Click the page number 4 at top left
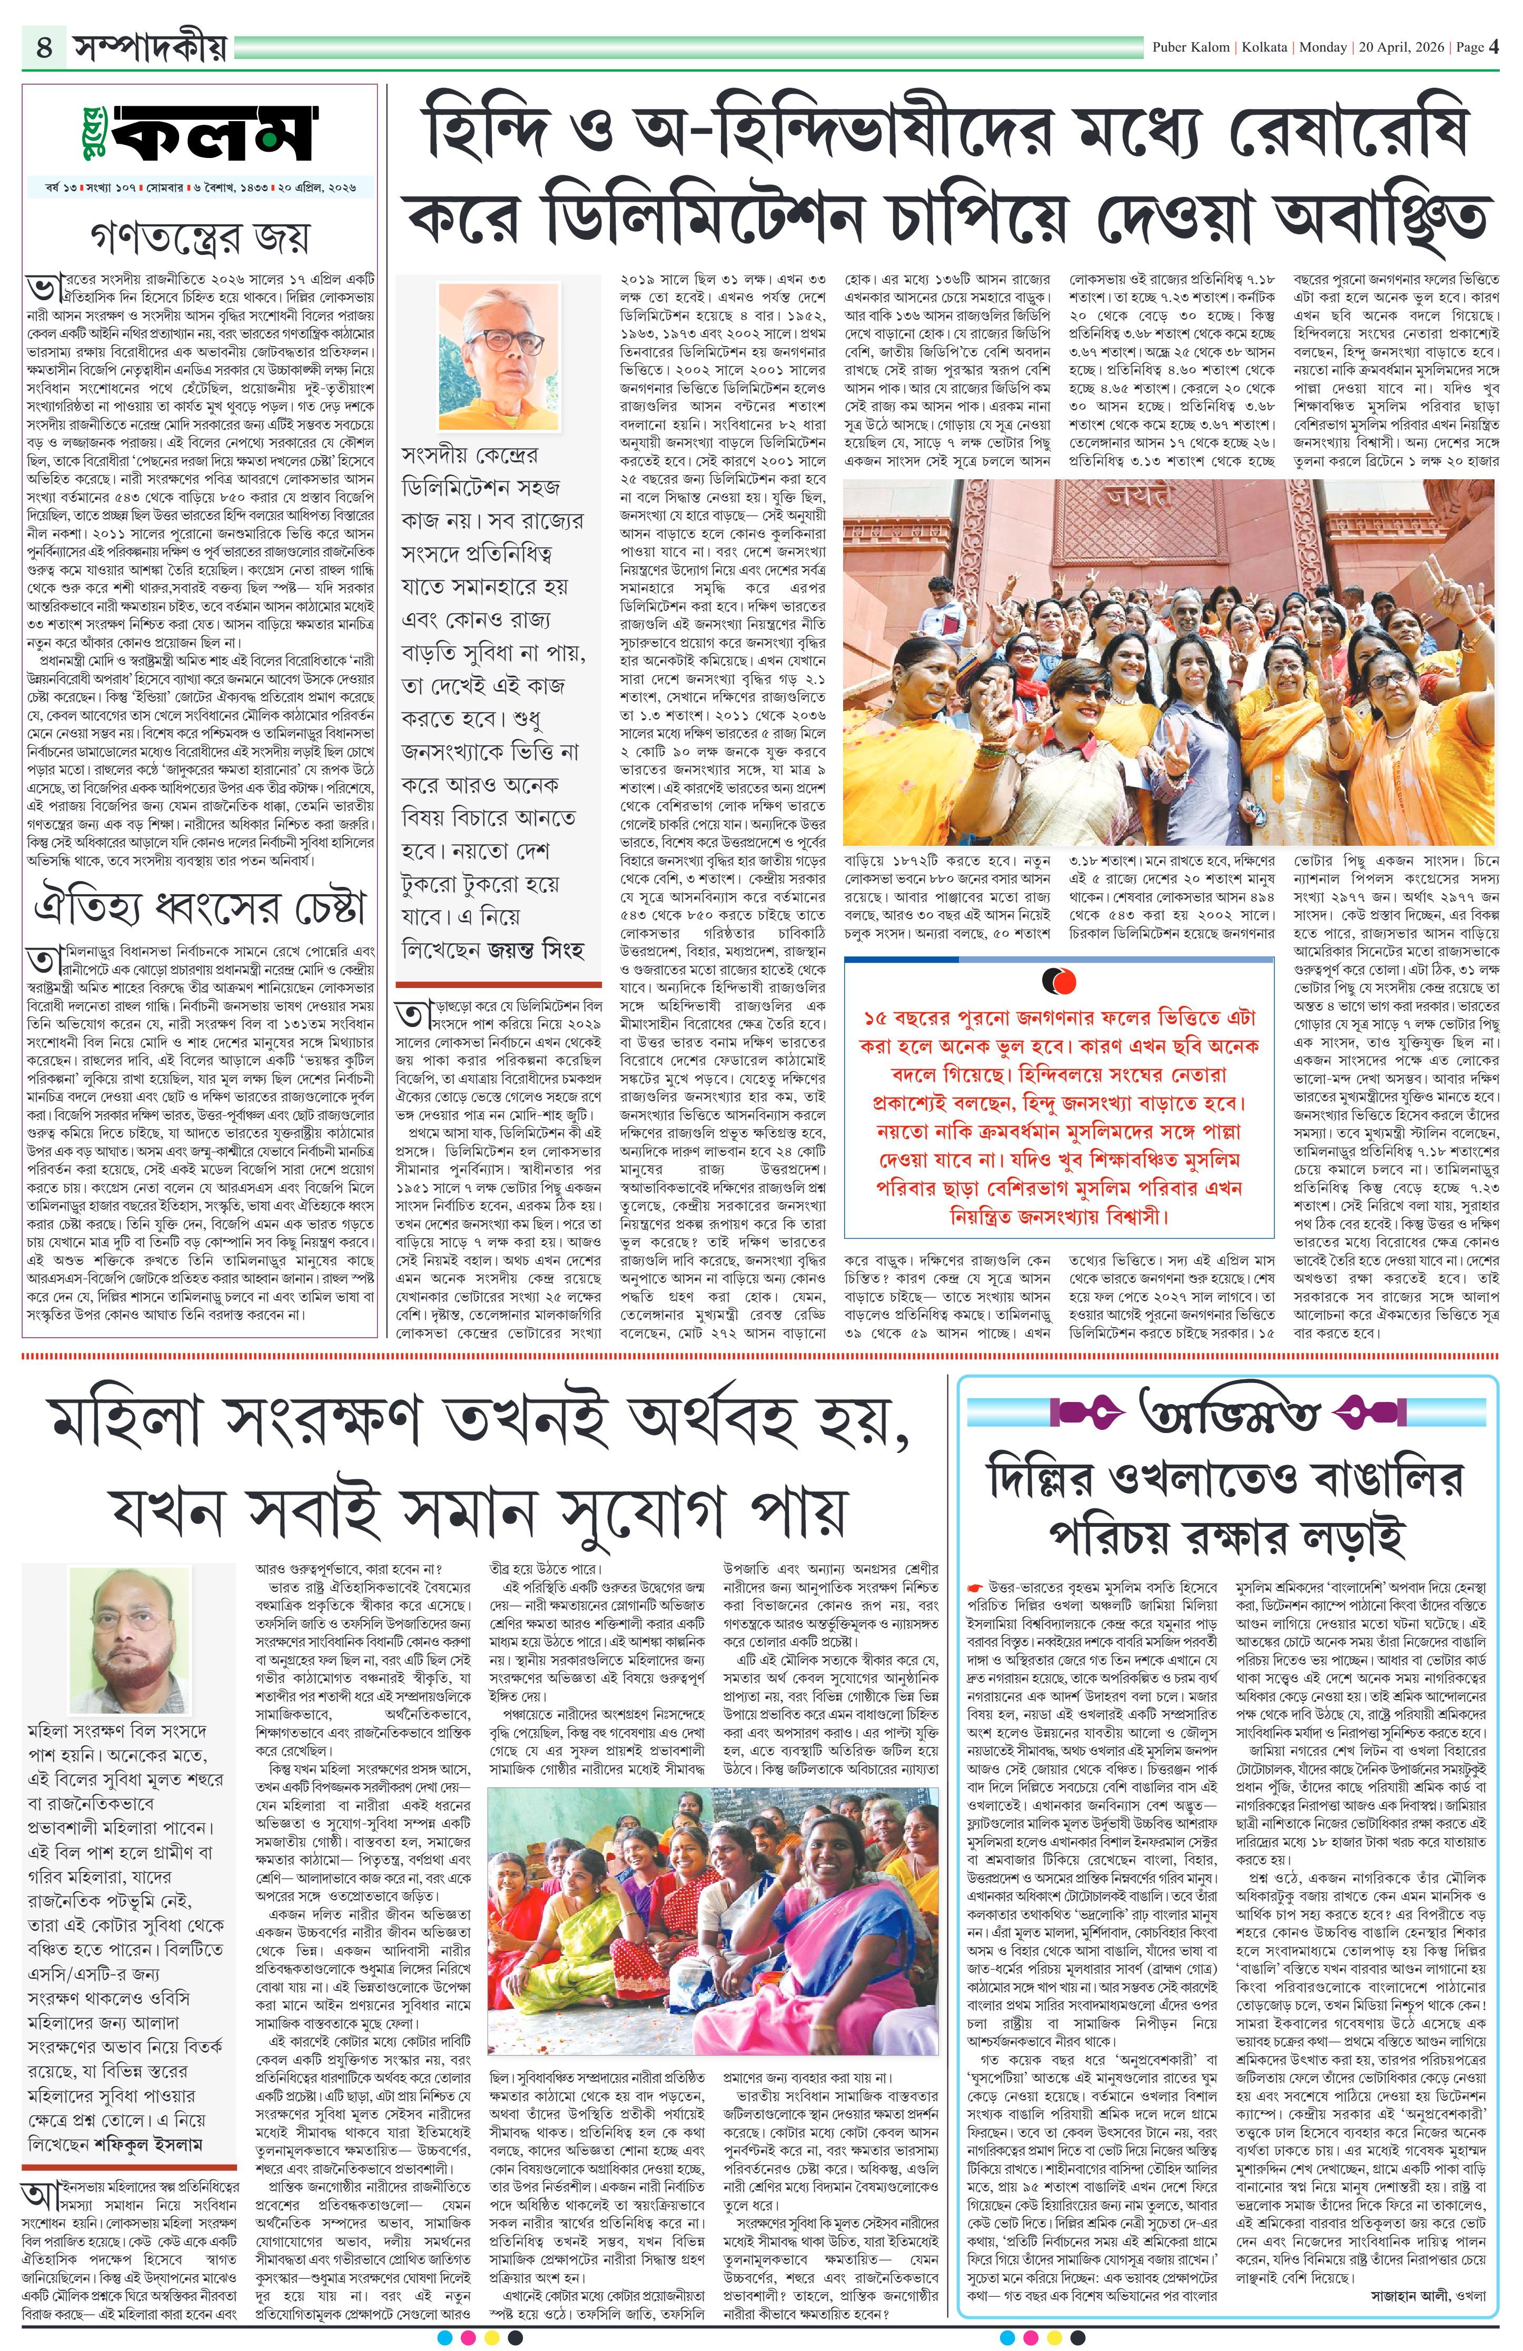pyautogui.click(x=44, y=47)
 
